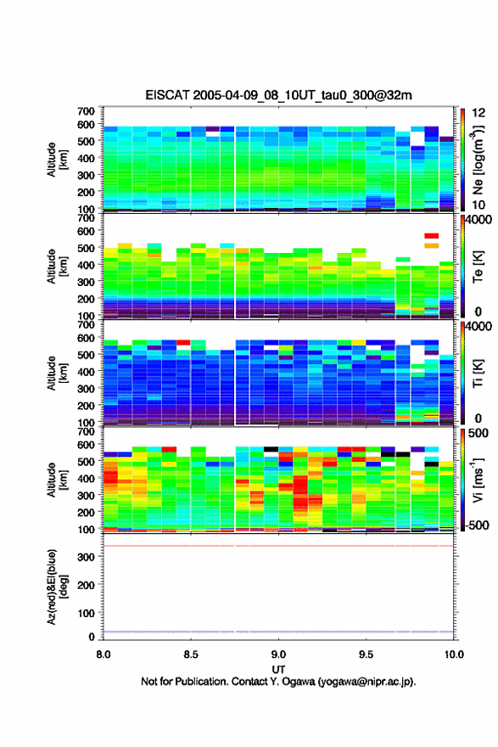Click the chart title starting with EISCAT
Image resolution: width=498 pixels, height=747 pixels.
pos(278,95)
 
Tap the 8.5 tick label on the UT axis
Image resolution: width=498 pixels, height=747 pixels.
pos(190,654)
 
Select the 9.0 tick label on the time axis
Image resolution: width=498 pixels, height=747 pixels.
pos(278,654)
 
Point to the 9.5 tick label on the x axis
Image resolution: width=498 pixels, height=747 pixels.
pos(366,654)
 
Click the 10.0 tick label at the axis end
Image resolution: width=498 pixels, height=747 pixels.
pos(454,654)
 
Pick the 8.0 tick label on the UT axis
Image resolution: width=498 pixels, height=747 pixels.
pos(104,654)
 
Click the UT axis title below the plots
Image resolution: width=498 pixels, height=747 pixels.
pos(278,670)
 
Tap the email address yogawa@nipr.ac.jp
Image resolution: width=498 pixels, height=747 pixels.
pos(366,682)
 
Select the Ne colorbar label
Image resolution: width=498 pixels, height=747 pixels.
pos(478,160)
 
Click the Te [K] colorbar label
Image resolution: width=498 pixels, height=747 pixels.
pos(478,267)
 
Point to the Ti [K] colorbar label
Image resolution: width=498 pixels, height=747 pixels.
pos(478,373)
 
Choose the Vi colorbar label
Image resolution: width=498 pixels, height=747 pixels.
pos(478,480)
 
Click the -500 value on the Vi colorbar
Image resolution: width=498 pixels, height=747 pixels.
pos(476,525)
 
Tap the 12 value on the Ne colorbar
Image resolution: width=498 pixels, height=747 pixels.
pos(478,112)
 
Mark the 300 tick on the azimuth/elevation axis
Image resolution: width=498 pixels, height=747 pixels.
pos(87,557)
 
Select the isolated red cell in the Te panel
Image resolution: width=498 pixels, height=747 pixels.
pos(431,236)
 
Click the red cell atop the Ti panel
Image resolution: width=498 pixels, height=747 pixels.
pos(183,343)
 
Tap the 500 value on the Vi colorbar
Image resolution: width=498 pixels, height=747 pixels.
pos(478,433)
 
